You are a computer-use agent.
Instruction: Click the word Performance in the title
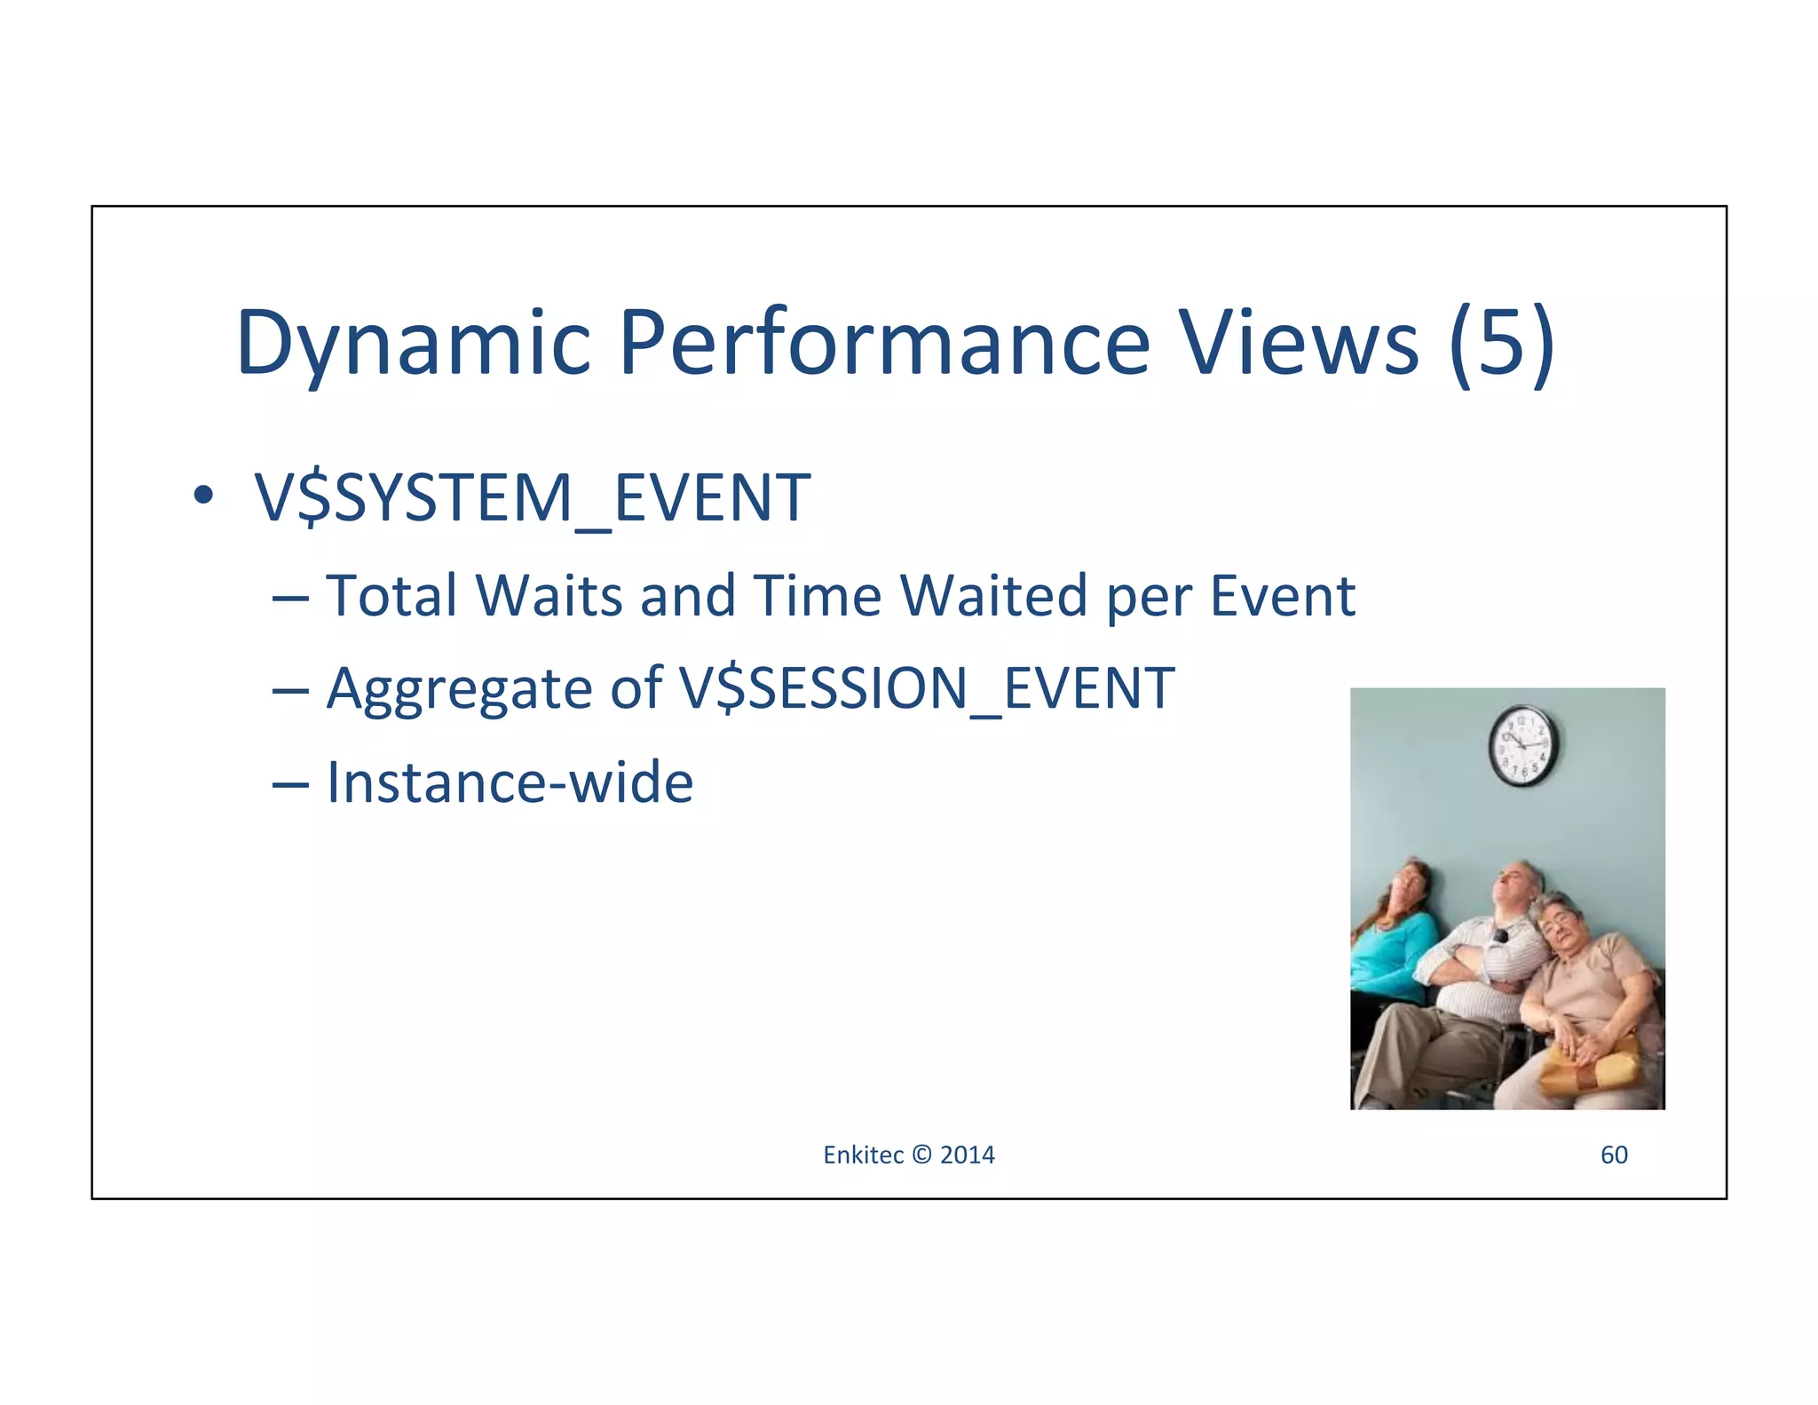click(x=883, y=343)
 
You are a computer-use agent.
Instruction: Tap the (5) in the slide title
click(x=1502, y=343)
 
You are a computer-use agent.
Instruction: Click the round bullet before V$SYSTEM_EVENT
click(x=203, y=496)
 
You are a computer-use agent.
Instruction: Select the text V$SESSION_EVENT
click(x=927, y=688)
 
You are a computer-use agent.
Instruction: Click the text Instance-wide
click(x=510, y=782)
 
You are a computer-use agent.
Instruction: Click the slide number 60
click(x=1613, y=1155)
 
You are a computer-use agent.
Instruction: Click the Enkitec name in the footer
click(x=863, y=1155)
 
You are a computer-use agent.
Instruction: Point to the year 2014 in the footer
click(x=967, y=1155)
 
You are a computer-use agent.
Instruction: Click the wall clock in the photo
click(x=1522, y=745)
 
